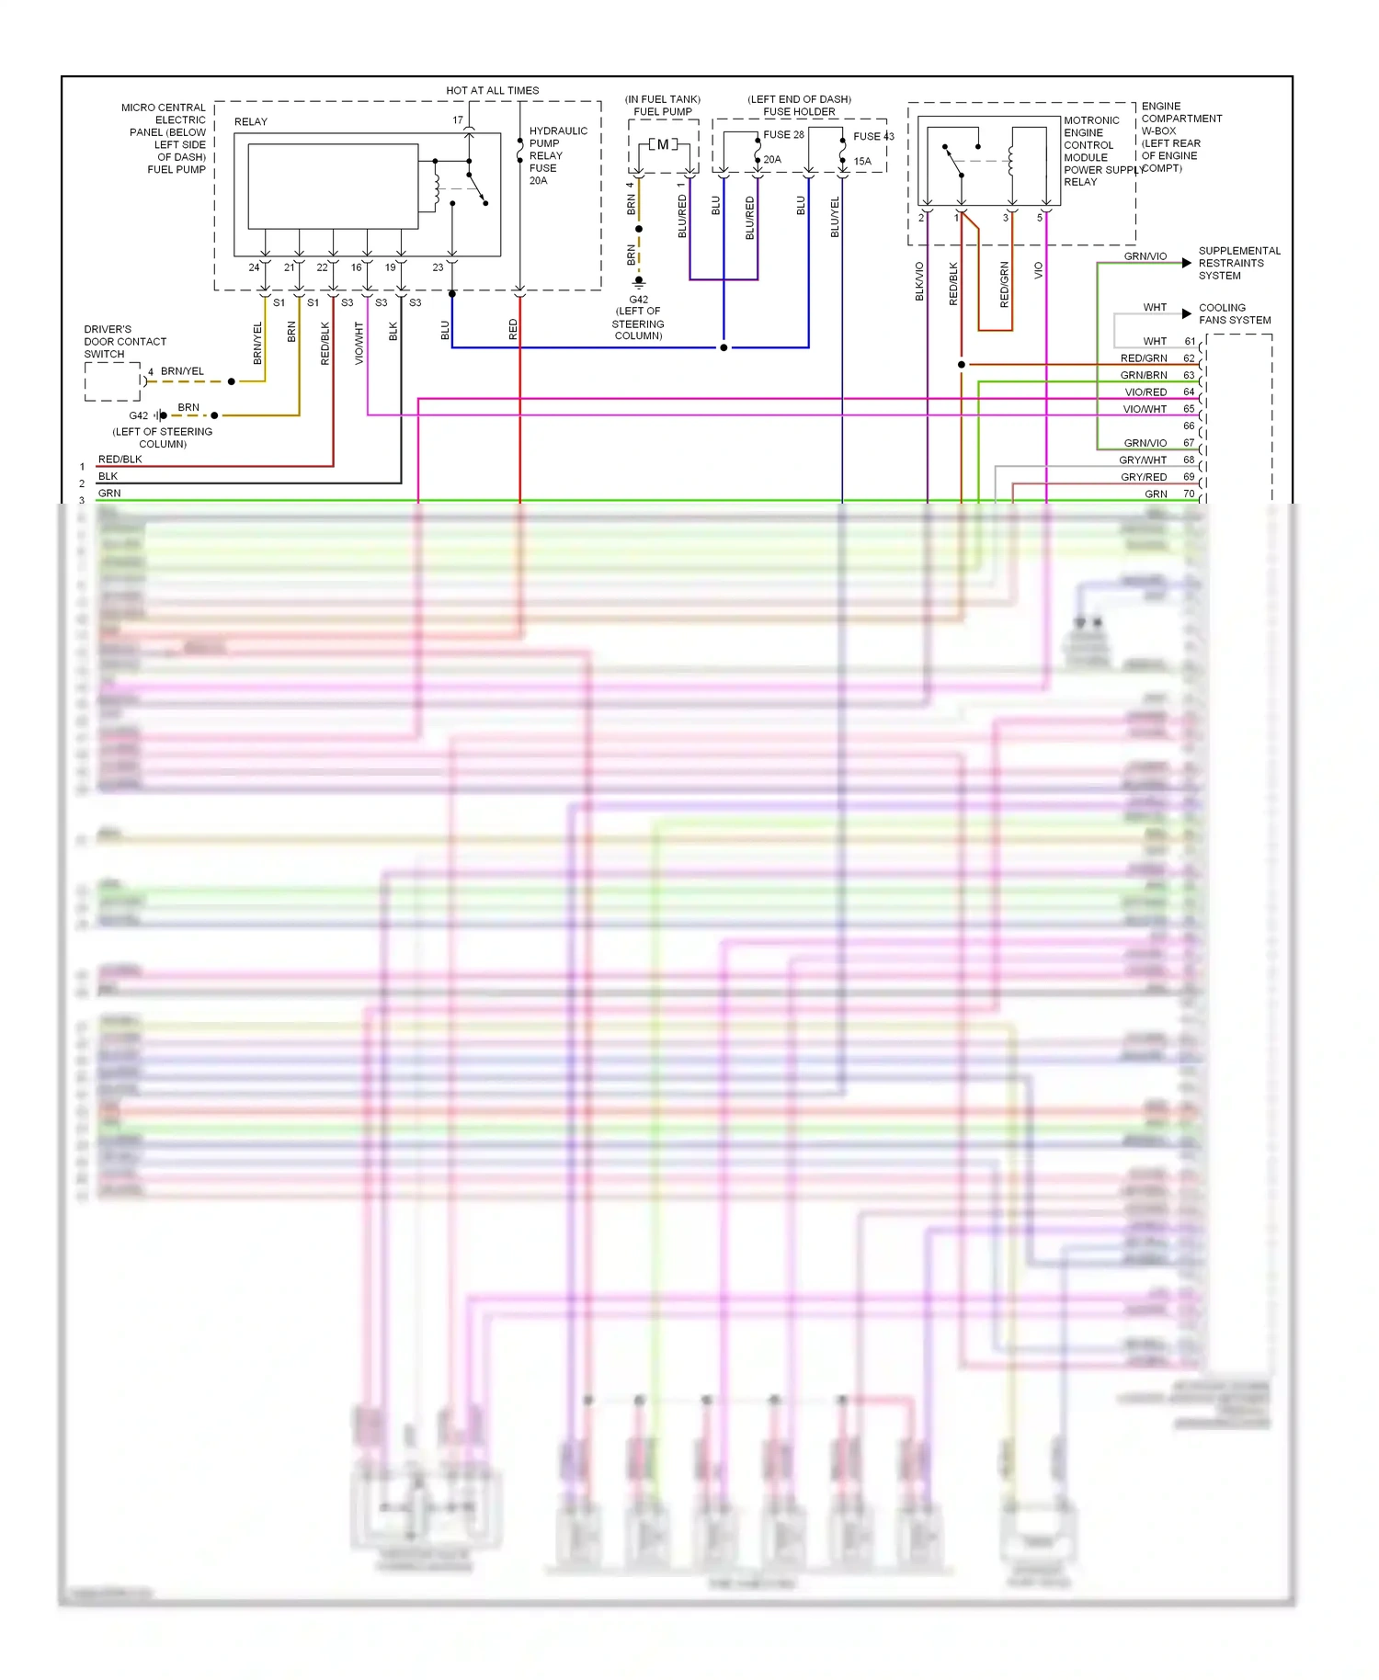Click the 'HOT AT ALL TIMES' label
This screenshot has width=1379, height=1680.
pos(492,90)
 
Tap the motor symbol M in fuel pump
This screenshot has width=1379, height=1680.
pos(663,144)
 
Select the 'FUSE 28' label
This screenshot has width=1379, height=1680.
pos(783,134)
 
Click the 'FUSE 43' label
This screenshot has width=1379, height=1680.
pos(872,136)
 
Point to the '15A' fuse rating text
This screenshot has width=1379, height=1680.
pos(861,161)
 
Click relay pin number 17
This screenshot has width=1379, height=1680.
pos(457,120)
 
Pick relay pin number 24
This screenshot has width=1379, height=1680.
pos(254,267)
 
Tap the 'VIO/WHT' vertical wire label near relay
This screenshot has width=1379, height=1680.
pos(359,343)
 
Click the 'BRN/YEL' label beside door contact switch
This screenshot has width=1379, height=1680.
pos(182,371)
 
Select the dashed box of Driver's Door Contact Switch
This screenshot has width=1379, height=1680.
pos(112,381)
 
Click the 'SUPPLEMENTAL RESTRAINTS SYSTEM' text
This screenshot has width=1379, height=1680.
pos(1238,263)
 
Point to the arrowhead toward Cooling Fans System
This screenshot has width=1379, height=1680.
pos(1187,314)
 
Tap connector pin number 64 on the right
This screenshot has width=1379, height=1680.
pos(1189,392)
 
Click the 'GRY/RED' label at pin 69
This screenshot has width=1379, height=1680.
pos(1143,477)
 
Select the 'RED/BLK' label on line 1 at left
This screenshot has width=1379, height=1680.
pos(120,460)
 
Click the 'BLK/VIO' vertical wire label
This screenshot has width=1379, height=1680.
pos(919,281)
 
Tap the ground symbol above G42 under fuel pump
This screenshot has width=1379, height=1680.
pos(639,283)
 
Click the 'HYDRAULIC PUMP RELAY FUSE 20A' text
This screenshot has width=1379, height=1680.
pos(557,155)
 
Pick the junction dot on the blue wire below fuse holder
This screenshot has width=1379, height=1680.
pos(724,347)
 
